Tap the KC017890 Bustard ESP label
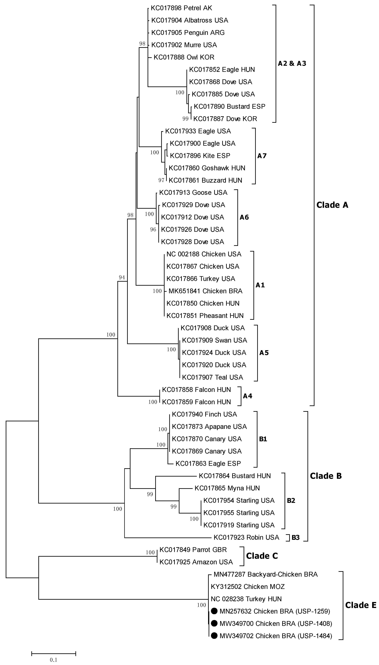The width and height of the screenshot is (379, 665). [x=229, y=107]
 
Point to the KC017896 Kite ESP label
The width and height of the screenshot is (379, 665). [x=200, y=156]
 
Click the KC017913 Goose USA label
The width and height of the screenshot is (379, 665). [x=193, y=193]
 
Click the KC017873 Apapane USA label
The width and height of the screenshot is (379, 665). [x=209, y=427]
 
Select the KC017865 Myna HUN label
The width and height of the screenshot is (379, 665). [x=227, y=488]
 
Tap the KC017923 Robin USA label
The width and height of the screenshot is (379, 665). [x=246, y=537]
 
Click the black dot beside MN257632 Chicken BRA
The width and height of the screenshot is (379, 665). [x=214, y=611]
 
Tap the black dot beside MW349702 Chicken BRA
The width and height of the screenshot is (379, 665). [x=214, y=636]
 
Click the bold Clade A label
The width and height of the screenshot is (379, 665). [x=332, y=205]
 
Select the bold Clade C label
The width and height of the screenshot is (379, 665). [x=262, y=556]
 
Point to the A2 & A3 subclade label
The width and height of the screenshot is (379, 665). [x=292, y=64]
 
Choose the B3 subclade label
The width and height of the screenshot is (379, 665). [x=295, y=538]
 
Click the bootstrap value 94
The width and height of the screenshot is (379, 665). [x=122, y=278]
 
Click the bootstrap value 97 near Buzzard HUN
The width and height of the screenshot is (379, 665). [x=161, y=180]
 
